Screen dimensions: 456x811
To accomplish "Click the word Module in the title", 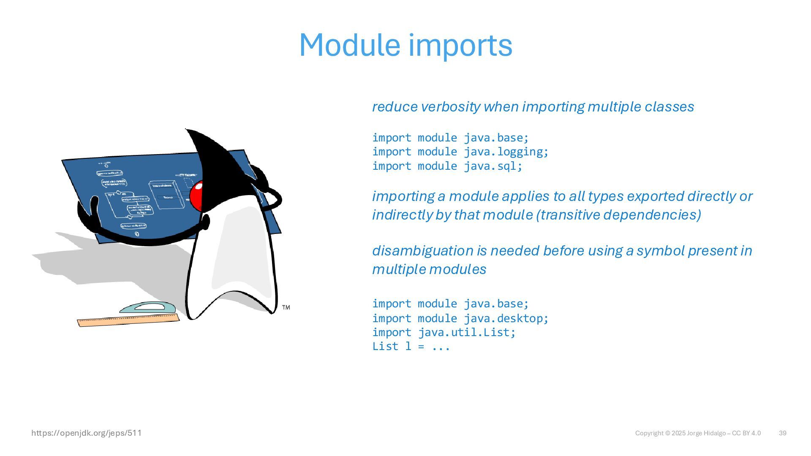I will click(349, 45).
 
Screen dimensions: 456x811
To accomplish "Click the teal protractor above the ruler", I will click(148, 307).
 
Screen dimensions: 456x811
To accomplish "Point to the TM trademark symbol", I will click(286, 307).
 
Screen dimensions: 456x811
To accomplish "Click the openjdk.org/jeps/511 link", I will click(87, 433).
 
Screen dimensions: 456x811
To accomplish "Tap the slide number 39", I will click(782, 433).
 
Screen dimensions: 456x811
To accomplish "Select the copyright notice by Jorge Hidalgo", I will click(698, 433).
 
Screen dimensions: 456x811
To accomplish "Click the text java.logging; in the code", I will click(506, 152).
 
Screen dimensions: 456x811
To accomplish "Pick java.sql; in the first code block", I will click(493, 166).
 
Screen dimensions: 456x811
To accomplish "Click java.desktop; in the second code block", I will click(506, 318).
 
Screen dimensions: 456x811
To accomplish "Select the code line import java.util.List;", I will click(444, 332).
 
